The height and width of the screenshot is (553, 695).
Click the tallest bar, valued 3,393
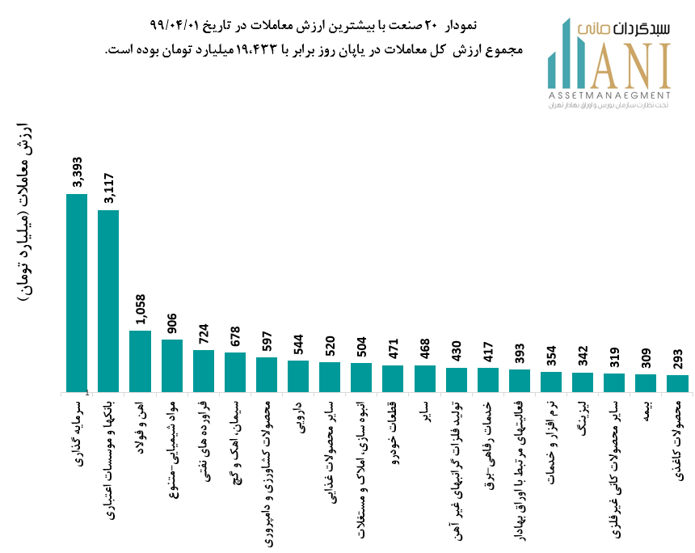(77, 293)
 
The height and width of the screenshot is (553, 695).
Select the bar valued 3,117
(108, 301)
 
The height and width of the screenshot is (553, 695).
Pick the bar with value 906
(172, 365)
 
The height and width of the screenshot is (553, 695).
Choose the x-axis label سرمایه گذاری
(78, 428)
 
